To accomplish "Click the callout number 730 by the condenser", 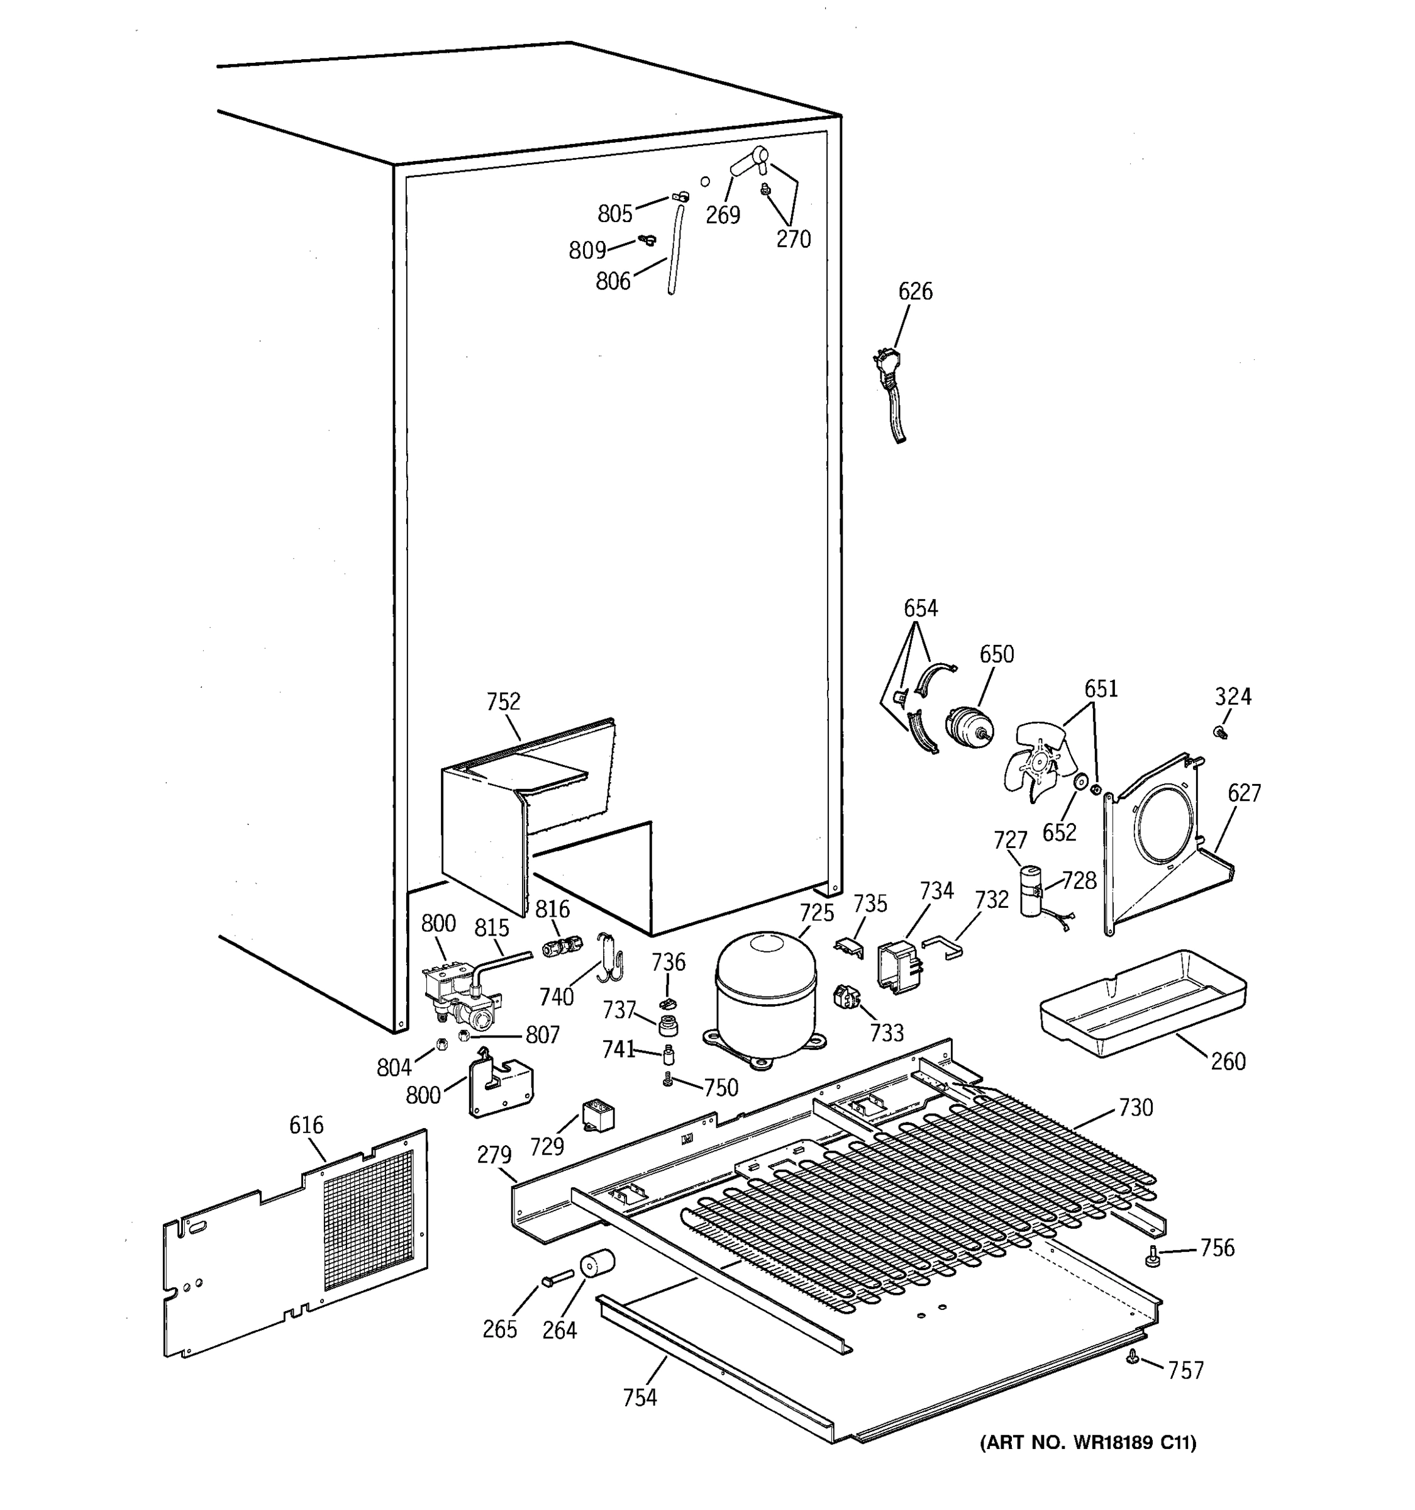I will [1135, 1108].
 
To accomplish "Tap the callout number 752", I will [503, 701].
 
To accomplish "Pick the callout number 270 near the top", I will [793, 239].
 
